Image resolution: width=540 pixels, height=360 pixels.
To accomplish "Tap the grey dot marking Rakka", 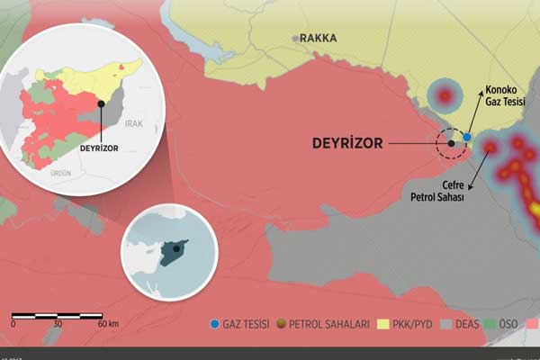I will pos(295,38).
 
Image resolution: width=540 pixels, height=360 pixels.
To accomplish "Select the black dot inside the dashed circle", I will pos(451,143).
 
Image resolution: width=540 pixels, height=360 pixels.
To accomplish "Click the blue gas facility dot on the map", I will pos(467,137).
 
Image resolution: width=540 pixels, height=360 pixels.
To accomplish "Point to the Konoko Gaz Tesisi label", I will pos(505,96).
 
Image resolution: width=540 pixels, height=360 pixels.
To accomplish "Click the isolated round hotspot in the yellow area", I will pos(443,94).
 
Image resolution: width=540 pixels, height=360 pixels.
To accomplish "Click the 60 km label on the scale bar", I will pos(108,323).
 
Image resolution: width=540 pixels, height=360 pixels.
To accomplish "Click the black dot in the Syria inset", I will pos(102,104).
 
